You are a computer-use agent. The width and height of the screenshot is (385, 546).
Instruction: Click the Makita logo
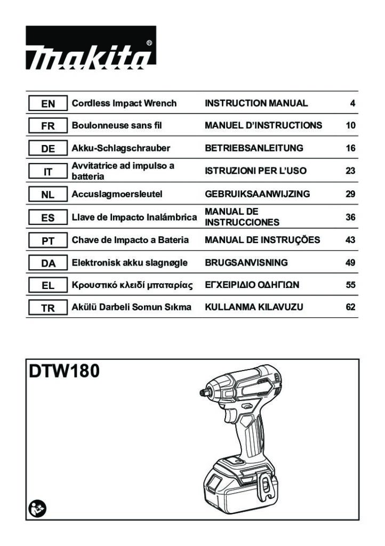(x=91, y=47)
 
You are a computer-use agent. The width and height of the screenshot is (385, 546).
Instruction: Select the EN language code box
(x=47, y=103)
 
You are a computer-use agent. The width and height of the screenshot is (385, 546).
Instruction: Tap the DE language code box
(x=47, y=148)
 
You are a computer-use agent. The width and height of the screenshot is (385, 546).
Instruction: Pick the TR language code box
(x=47, y=308)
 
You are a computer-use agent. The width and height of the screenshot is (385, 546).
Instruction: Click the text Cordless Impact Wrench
(x=124, y=103)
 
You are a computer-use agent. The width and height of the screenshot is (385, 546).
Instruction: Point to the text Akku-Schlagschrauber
(x=121, y=148)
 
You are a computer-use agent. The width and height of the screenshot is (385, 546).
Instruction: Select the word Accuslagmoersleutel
(x=117, y=194)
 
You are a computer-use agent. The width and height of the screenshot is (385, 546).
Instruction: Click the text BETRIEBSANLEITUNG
(x=254, y=148)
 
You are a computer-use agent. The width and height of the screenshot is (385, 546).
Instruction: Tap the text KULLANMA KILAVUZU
(x=254, y=307)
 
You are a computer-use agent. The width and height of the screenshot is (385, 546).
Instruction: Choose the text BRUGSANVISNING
(x=246, y=262)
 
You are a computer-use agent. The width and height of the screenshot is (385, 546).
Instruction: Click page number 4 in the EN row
(x=352, y=103)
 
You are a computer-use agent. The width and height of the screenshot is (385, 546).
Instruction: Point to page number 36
(x=350, y=217)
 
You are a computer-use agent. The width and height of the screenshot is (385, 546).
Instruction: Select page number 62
(x=350, y=307)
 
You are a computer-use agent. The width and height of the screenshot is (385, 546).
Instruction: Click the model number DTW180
(x=64, y=371)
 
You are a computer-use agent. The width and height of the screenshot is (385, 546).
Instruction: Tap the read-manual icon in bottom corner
(x=37, y=509)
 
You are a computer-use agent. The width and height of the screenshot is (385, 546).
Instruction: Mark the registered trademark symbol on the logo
(x=149, y=43)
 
